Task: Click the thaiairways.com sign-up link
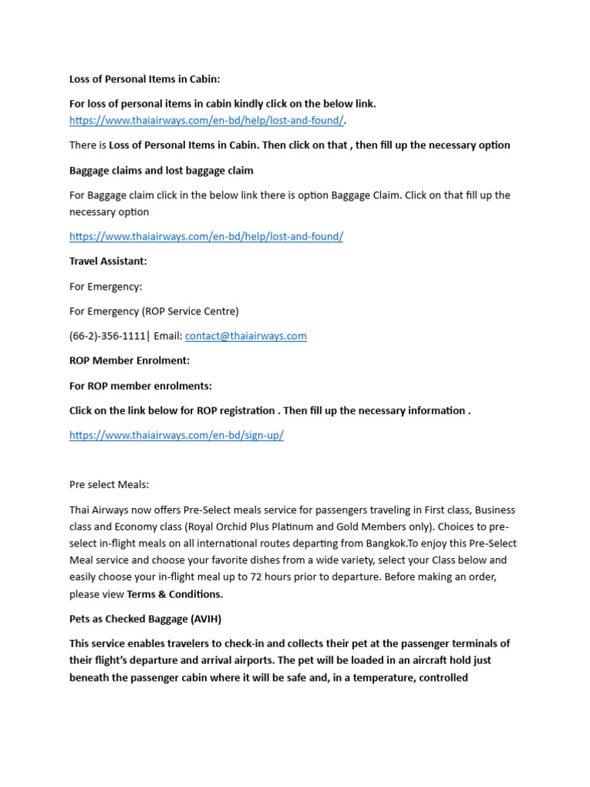click(x=176, y=435)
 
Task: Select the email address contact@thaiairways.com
click(x=246, y=336)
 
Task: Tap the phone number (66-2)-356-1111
click(x=107, y=336)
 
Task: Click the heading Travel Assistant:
click(x=108, y=261)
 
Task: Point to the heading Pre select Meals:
click(x=109, y=485)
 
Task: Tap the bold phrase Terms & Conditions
click(x=174, y=594)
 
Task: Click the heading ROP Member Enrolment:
click(x=129, y=360)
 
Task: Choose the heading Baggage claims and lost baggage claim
click(x=161, y=170)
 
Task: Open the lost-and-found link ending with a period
click(x=206, y=120)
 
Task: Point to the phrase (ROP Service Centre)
click(x=192, y=311)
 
